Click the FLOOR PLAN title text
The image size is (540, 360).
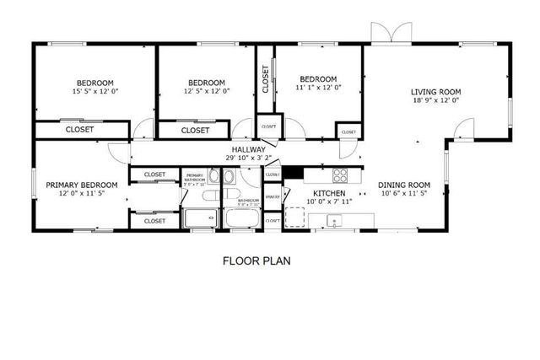[256, 261]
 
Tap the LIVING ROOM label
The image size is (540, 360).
[436, 92]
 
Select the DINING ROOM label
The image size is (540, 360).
[403, 185]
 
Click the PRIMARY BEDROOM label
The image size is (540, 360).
[81, 185]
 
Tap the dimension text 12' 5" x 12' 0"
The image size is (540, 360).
[207, 90]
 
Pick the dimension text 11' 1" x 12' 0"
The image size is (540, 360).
[318, 87]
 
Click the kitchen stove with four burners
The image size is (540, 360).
[340, 175]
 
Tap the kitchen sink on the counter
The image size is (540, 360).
[335, 222]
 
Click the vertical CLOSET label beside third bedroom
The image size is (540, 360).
[265, 78]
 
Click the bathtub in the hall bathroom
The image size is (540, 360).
[243, 220]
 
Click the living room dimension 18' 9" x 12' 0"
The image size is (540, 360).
[436, 100]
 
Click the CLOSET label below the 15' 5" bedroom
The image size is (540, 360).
[79, 130]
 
